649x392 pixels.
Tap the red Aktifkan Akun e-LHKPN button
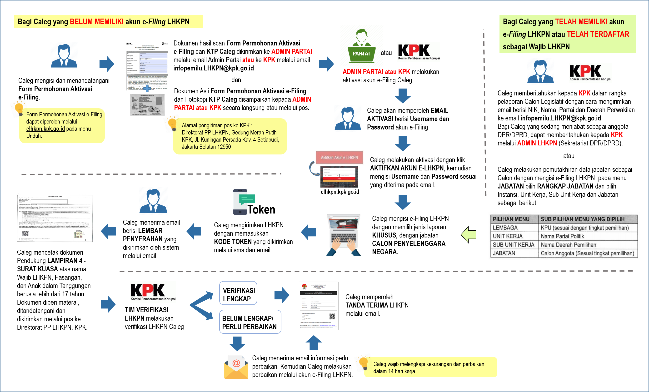coord(339,157)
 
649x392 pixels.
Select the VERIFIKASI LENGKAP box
coord(238,294)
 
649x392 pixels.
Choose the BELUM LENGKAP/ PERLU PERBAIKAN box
coord(250,322)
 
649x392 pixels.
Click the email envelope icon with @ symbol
coord(236,367)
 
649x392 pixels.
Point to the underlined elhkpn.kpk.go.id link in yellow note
coord(45,129)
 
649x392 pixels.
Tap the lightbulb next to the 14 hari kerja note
coord(364,363)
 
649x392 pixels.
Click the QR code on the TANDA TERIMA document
coord(332,316)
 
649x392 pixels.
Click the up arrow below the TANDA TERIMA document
coord(314,342)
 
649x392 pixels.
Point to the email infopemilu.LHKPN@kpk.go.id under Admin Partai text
coord(213,69)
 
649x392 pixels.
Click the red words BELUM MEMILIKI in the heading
coord(97,22)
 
